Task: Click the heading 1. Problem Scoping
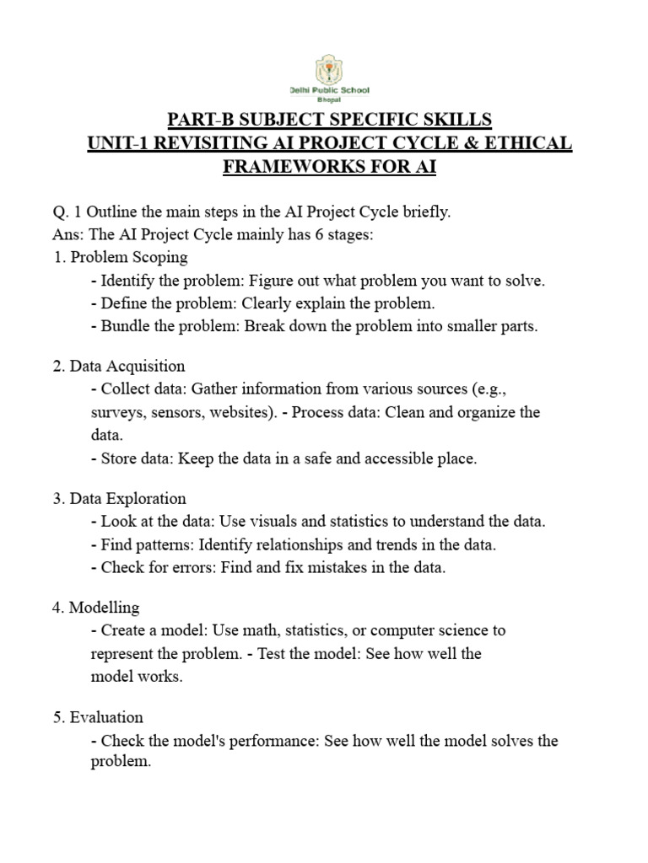tap(120, 257)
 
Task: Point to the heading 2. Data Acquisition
tap(119, 366)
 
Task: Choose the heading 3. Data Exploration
tap(119, 498)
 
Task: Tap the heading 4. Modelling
tap(96, 607)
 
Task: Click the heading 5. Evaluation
tap(98, 717)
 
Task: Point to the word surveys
tap(116, 412)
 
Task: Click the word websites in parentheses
tap(234, 412)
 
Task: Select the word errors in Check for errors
tap(192, 567)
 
